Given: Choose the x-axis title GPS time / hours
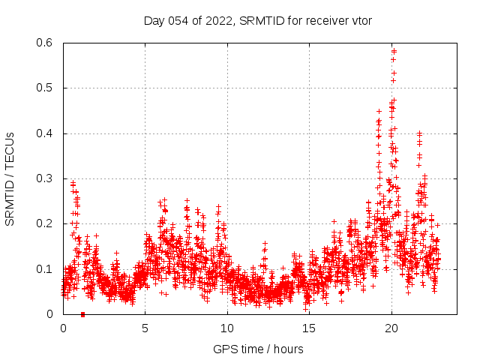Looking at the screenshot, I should click(258, 349).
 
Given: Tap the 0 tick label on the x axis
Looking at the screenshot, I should click(63, 328).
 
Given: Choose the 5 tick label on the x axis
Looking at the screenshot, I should click(145, 328).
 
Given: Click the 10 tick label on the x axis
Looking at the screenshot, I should click(227, 328).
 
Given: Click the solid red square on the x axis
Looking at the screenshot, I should click(82, 314).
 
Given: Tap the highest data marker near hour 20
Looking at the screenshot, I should click(394, 51).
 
